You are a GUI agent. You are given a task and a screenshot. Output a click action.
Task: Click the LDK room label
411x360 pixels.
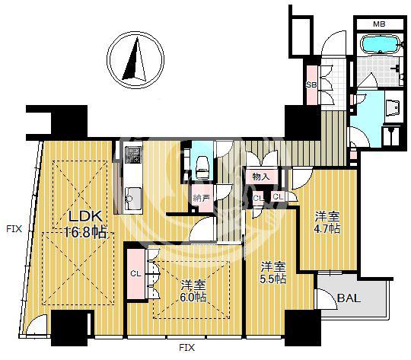85,217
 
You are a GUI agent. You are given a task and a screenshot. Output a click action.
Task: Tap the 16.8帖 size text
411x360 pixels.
86,232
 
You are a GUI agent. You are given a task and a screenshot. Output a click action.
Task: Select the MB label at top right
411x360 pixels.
379,24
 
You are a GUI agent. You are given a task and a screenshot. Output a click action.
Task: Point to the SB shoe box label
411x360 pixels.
311,84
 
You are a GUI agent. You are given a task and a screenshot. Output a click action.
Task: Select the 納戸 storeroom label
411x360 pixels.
202,198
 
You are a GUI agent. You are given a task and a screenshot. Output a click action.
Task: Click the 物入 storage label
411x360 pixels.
261,177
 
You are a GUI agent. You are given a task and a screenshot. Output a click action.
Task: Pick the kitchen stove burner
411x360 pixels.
133,155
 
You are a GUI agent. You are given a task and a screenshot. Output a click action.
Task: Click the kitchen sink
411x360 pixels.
133,198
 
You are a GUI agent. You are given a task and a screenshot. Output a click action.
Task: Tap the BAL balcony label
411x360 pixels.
349,298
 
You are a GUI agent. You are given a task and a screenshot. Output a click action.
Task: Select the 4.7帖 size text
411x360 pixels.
327,228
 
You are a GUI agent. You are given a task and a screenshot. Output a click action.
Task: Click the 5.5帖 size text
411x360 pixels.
273,279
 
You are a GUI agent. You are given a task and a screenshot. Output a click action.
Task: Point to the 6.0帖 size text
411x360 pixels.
193,298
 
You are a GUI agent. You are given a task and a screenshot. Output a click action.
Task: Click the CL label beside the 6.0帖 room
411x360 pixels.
135,274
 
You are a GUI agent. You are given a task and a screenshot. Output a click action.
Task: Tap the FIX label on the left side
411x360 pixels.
14,229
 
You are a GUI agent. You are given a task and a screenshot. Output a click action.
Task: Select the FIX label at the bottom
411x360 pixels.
187,348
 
